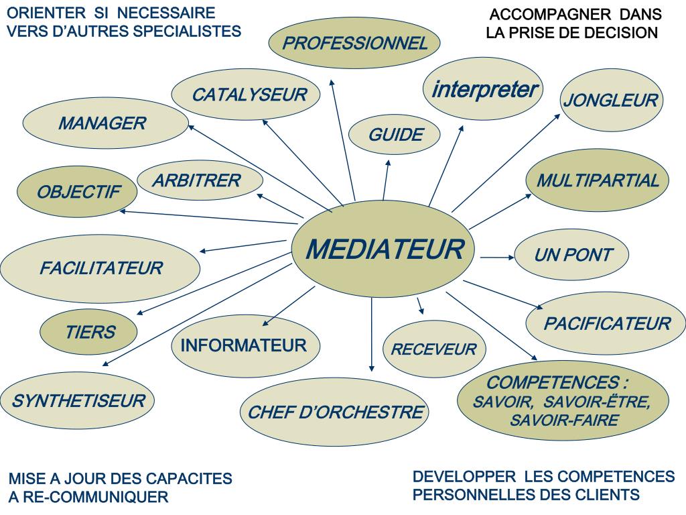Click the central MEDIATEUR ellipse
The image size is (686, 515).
point(385,249)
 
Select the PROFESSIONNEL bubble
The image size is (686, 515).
point(354,44)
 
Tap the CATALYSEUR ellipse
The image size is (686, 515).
point(249,95)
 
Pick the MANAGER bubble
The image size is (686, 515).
point(103,123)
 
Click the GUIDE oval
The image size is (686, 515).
point(395,135)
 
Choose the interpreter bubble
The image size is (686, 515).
point(483,89)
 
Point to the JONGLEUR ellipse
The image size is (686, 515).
point(610,101)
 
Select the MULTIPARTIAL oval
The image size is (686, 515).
point(598,180)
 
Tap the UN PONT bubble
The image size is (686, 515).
point(573,255)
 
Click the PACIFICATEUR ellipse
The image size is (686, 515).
point(607,324)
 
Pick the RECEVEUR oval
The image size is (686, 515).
point(433,349)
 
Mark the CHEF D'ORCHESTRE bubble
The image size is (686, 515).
point(335,412)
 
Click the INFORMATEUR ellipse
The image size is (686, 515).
point(243,346)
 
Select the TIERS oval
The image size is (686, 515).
point(90,332)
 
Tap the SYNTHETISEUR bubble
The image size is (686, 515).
point(78,401)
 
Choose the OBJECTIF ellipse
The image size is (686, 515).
point(78,192)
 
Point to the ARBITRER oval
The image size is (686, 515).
point(196,180)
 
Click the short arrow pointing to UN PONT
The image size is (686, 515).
point(496,256)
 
